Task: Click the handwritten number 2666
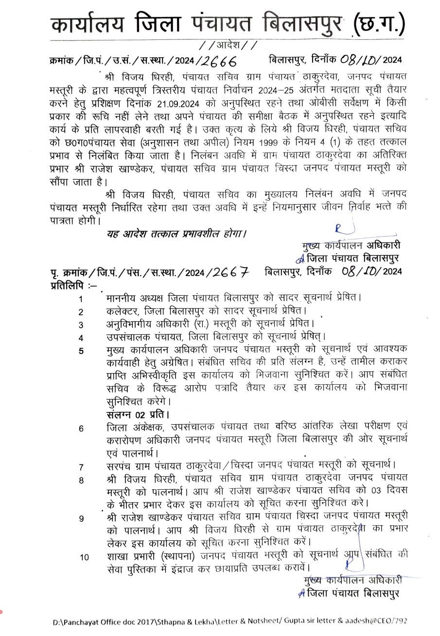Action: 219,61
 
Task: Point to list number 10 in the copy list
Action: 84,557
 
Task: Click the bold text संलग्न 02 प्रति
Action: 138,414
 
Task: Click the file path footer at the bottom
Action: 229,621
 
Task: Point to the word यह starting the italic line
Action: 112,234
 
